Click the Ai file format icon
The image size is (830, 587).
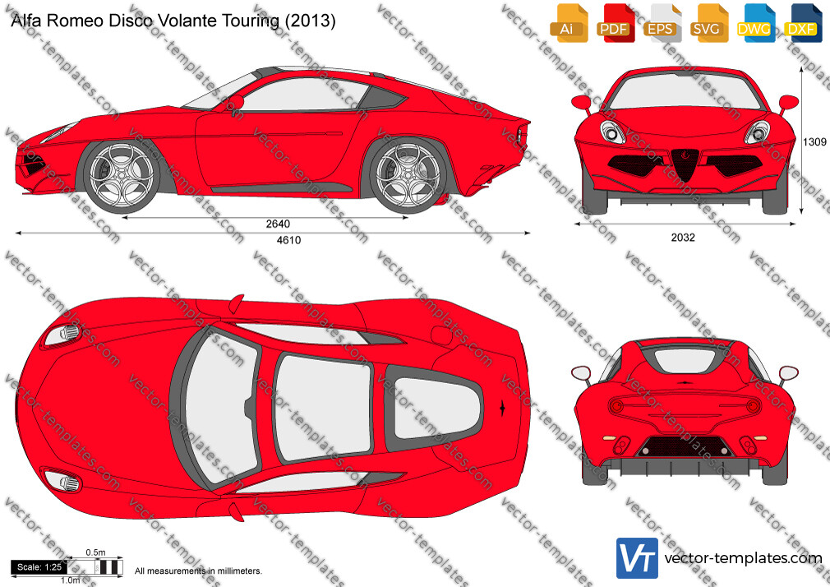(569, 23)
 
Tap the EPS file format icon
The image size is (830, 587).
(662, 23)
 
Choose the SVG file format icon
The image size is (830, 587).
(709, 23)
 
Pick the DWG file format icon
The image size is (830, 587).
(756, 23)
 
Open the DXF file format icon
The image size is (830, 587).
(803, 23)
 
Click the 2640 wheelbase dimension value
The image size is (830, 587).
(278, 224)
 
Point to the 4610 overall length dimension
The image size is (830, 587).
(289, 240)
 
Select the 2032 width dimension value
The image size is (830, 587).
(683, 238)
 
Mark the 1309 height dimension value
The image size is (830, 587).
(814, 142)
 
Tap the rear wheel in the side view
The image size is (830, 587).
(408, 174)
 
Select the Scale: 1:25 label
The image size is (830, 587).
(39, 567)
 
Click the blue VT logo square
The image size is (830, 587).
(638, 558)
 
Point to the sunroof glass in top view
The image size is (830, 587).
(324, 406)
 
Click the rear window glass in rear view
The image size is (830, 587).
(684, 360)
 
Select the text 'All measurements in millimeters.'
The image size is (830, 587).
(198, 571)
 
